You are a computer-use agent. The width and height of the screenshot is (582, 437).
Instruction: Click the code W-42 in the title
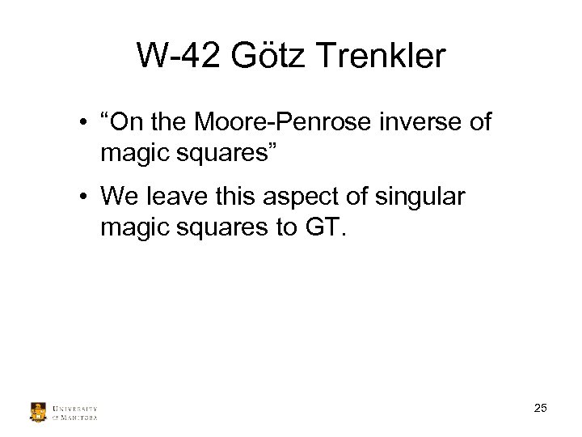click(x=177, y=56)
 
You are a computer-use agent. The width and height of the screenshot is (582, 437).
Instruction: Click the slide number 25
click(x=541, y=408)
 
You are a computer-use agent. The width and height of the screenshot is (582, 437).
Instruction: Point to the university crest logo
click(x=38, y=412)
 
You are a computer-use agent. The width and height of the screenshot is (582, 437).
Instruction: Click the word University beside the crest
click(x=74, y=408)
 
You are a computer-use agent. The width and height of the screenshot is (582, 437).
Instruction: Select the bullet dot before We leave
click(x=83, y=197)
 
